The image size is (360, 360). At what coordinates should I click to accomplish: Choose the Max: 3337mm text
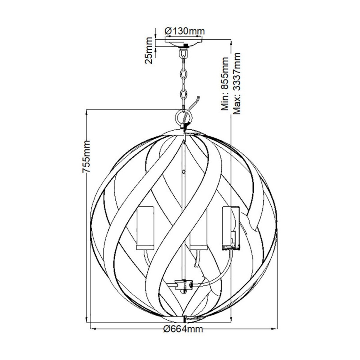(x=237, y=83)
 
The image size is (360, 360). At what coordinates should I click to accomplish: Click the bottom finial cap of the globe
(x=183, y=319)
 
